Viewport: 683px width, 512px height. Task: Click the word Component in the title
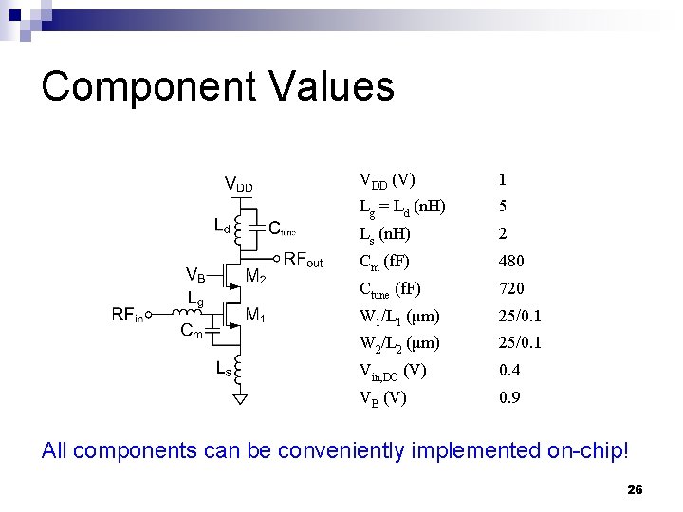click(148, 86)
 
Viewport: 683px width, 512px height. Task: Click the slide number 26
click(635, 490)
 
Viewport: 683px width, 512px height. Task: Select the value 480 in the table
click(511, 261)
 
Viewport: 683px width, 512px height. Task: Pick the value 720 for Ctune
click(511, 288)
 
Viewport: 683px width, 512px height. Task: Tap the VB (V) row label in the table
click(382, 397)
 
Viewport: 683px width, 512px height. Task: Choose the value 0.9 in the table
click(509, 397)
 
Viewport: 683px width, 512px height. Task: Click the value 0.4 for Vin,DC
click(509, 370)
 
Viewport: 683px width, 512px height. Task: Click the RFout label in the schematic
click(304, 261)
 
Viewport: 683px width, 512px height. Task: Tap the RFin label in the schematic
click(127, 315)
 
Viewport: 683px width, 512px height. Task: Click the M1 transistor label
click(256, 314)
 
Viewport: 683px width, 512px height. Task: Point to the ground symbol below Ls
click(241, 398)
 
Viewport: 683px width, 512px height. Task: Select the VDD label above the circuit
click(238, 184)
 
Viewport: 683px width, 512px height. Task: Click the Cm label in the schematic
click(192, 331)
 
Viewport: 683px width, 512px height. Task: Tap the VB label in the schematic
click(196, 276)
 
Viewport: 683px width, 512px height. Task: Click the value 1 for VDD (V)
click(502, 179)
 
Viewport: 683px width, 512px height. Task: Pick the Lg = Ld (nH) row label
click(402, 207)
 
